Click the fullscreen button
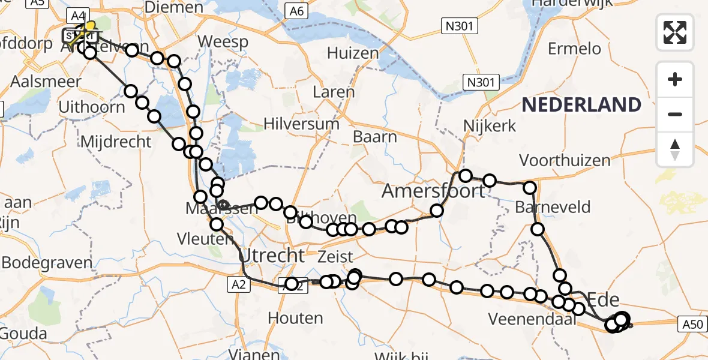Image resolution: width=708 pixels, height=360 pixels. point(675,32)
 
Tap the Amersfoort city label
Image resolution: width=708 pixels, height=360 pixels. point(433,191)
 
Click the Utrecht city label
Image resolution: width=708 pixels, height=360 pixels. point(272,256)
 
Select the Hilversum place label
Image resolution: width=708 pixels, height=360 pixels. point(301,124)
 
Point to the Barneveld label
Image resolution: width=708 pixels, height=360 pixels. point(553,208)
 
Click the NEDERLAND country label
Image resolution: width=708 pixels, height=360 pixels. point(581,105)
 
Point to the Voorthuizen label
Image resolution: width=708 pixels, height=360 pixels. point(565,160)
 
